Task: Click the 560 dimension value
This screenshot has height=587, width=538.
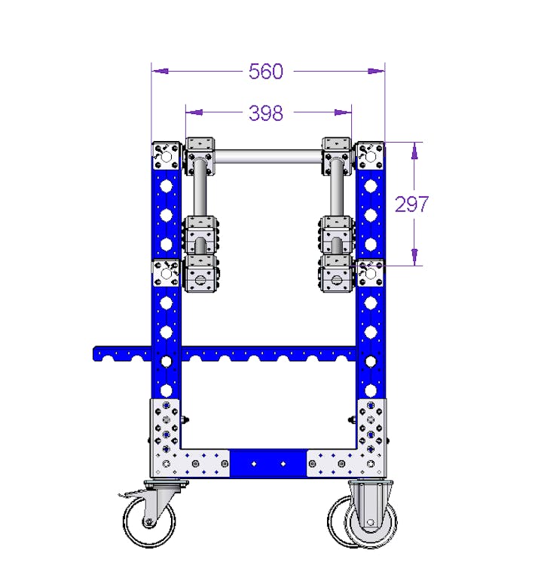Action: point(266,72)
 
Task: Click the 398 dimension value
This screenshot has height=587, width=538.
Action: point(266,113)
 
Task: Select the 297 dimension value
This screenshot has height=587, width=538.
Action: point(412,204)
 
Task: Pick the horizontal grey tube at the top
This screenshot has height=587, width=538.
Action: point(268,158)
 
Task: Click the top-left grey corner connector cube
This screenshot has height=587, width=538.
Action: point(167,156)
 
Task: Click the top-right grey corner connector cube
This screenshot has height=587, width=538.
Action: point(370,156)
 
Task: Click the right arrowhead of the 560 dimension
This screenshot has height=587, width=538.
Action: point(378,72)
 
